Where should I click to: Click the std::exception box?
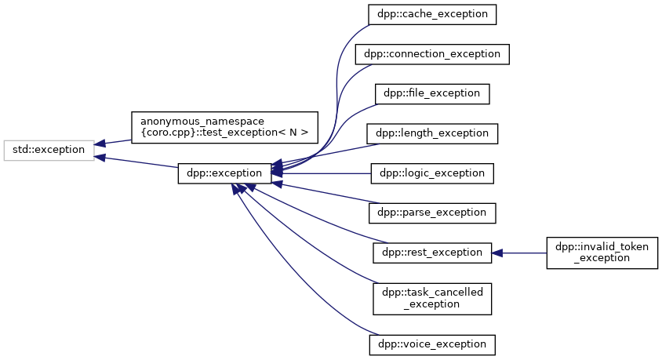pos(49,149)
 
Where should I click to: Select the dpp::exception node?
pos(224,173)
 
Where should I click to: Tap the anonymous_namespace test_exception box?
pos(224,126)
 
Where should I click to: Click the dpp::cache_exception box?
pos(432,14)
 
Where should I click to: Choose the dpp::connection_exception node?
pos(432,54)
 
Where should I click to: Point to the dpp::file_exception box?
pos(432,93)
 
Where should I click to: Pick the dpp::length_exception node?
pos(432,133)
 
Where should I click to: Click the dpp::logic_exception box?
pos(432,173)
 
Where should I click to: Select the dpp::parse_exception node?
pos(432,213)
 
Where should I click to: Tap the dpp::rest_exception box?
pos(432,253)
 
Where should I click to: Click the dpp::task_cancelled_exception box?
pos(432,297)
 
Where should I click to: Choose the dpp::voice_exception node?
pos(432,344)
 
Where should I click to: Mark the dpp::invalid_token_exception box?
pos(602,253)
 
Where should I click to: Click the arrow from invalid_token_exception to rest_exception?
pos(522,253)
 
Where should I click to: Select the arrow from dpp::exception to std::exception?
pos(137,161)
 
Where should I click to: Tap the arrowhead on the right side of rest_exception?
pos(497,253)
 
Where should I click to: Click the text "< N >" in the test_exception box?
pos(293,133)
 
